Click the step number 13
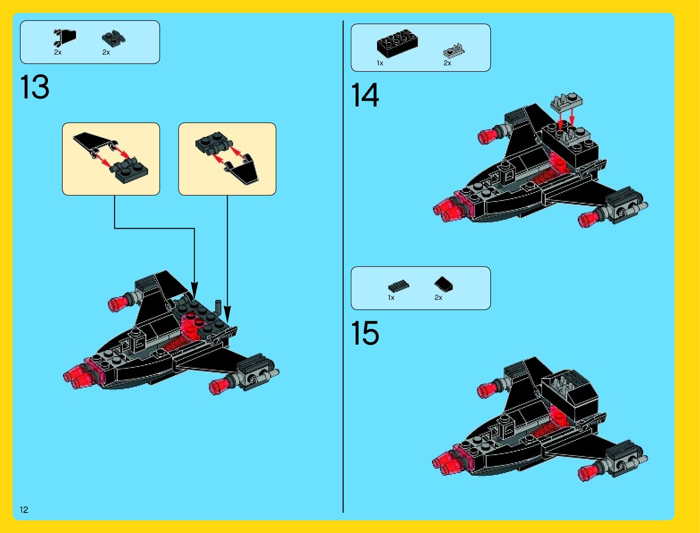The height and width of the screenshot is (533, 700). (35, 87)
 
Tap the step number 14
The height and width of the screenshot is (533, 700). (365, 95)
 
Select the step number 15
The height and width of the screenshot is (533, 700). (365, 333)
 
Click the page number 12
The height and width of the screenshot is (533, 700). (24, 509)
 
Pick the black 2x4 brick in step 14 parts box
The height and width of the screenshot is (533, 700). (397, 43)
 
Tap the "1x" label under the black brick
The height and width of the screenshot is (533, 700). (380, 63)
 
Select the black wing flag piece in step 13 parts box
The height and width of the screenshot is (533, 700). (65, 37)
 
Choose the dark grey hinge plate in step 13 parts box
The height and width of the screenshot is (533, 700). (113, 38)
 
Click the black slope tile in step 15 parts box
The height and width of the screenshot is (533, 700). (443, 283)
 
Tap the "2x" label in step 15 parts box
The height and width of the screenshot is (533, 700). (438, 298)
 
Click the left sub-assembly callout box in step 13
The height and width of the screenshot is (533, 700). (111, 159)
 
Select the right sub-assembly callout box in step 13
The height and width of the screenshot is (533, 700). (227, 159)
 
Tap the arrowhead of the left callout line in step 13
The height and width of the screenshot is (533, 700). (195, 288)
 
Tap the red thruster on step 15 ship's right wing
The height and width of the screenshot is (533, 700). (590, 472)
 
